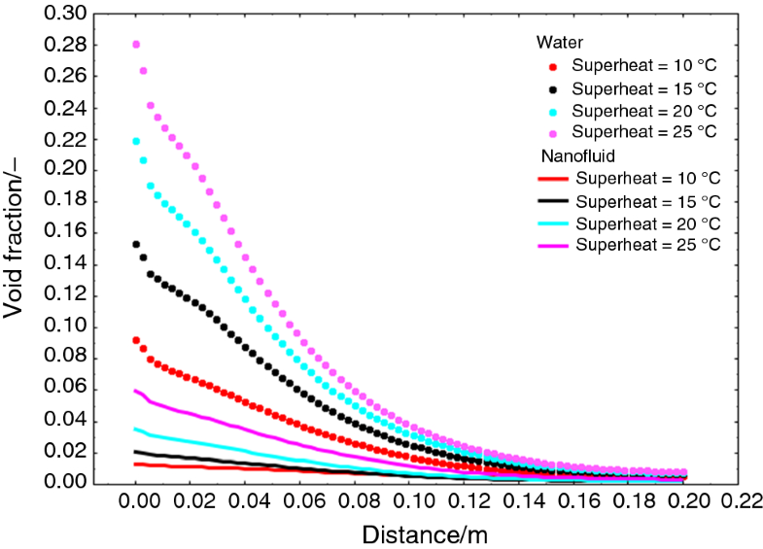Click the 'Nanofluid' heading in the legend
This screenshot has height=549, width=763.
click(572, 155)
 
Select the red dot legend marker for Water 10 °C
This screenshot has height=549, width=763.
click(554, 67)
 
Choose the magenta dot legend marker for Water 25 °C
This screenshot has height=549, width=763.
click(554, 131)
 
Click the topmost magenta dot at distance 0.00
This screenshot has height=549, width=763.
click(137, 45)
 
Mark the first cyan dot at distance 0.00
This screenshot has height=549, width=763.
click(137, 142)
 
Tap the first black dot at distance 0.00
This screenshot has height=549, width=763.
click(137, 245)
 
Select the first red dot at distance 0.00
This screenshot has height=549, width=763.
click(137, 340)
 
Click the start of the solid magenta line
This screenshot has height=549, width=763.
click(136, 390)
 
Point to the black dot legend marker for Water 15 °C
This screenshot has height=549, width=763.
click(554, 88)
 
